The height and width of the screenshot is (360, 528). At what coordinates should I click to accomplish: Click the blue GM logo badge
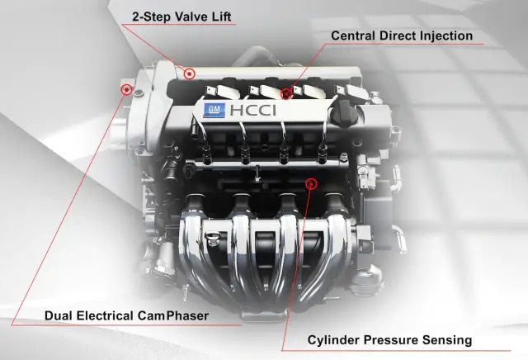coord(214,110)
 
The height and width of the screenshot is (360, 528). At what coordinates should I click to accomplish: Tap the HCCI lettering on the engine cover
coord(253,110)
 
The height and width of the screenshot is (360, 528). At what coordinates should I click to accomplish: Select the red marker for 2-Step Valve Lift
coord(190,73)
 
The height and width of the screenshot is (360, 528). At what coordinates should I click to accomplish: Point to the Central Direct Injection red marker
coord(286,93)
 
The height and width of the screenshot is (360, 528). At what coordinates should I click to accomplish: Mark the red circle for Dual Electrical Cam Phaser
coord(126,90)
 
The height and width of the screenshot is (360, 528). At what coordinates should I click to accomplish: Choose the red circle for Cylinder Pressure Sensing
coord(311,183)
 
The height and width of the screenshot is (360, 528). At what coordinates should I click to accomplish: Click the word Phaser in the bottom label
coord(187,316)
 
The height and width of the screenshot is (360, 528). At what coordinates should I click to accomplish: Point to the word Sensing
coord(447,340)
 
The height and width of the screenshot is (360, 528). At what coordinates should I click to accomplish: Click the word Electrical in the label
coord(105,316)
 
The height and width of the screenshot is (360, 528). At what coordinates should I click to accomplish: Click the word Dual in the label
coord(59,316)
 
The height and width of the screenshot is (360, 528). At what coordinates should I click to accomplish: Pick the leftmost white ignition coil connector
coord(224,91)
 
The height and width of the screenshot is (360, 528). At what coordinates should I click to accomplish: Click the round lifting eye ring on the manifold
coord(212,235)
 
